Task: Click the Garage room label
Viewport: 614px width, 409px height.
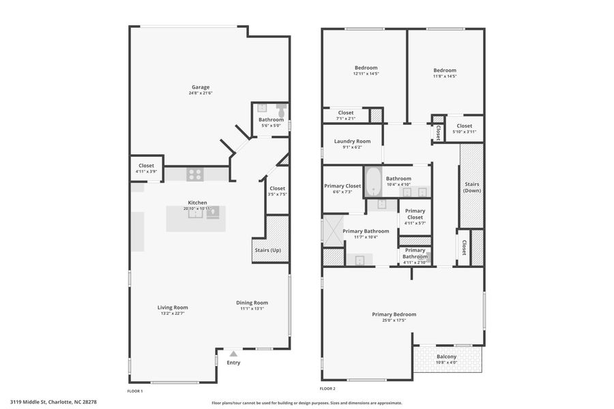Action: click(x=200, y=87)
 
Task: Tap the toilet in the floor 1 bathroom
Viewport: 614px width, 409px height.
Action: click(x=280, y=110)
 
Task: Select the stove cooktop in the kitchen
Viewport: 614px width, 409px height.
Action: click(x=195, y=175)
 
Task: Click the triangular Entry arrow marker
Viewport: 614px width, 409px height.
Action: click(x=233, y=354)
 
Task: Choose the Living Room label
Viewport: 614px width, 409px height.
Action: click(x=173, y=307)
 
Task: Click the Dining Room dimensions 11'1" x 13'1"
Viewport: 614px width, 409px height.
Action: click(x=252, y=309)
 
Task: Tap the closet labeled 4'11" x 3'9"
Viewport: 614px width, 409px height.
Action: click(x=146, y=168)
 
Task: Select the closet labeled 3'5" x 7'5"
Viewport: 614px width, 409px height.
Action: click(x=277, y=191)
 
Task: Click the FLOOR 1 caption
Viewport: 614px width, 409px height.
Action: click(x=135, y=391)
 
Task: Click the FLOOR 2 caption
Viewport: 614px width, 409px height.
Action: click(x=327, y=389)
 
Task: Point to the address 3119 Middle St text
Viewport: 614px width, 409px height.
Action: click(x=53, y=402)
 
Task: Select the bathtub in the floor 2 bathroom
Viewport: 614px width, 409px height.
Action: click(x=373, y=182)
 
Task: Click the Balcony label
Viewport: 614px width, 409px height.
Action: click(x=447, y=357)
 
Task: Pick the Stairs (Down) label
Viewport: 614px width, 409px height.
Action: click(x=471, y=187)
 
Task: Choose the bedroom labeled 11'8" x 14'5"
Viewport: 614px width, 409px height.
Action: click(x=445, y=73)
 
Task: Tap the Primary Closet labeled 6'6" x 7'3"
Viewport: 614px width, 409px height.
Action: click(x=342, y=188)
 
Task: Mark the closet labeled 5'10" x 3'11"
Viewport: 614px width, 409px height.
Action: click(x=464, y=128)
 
